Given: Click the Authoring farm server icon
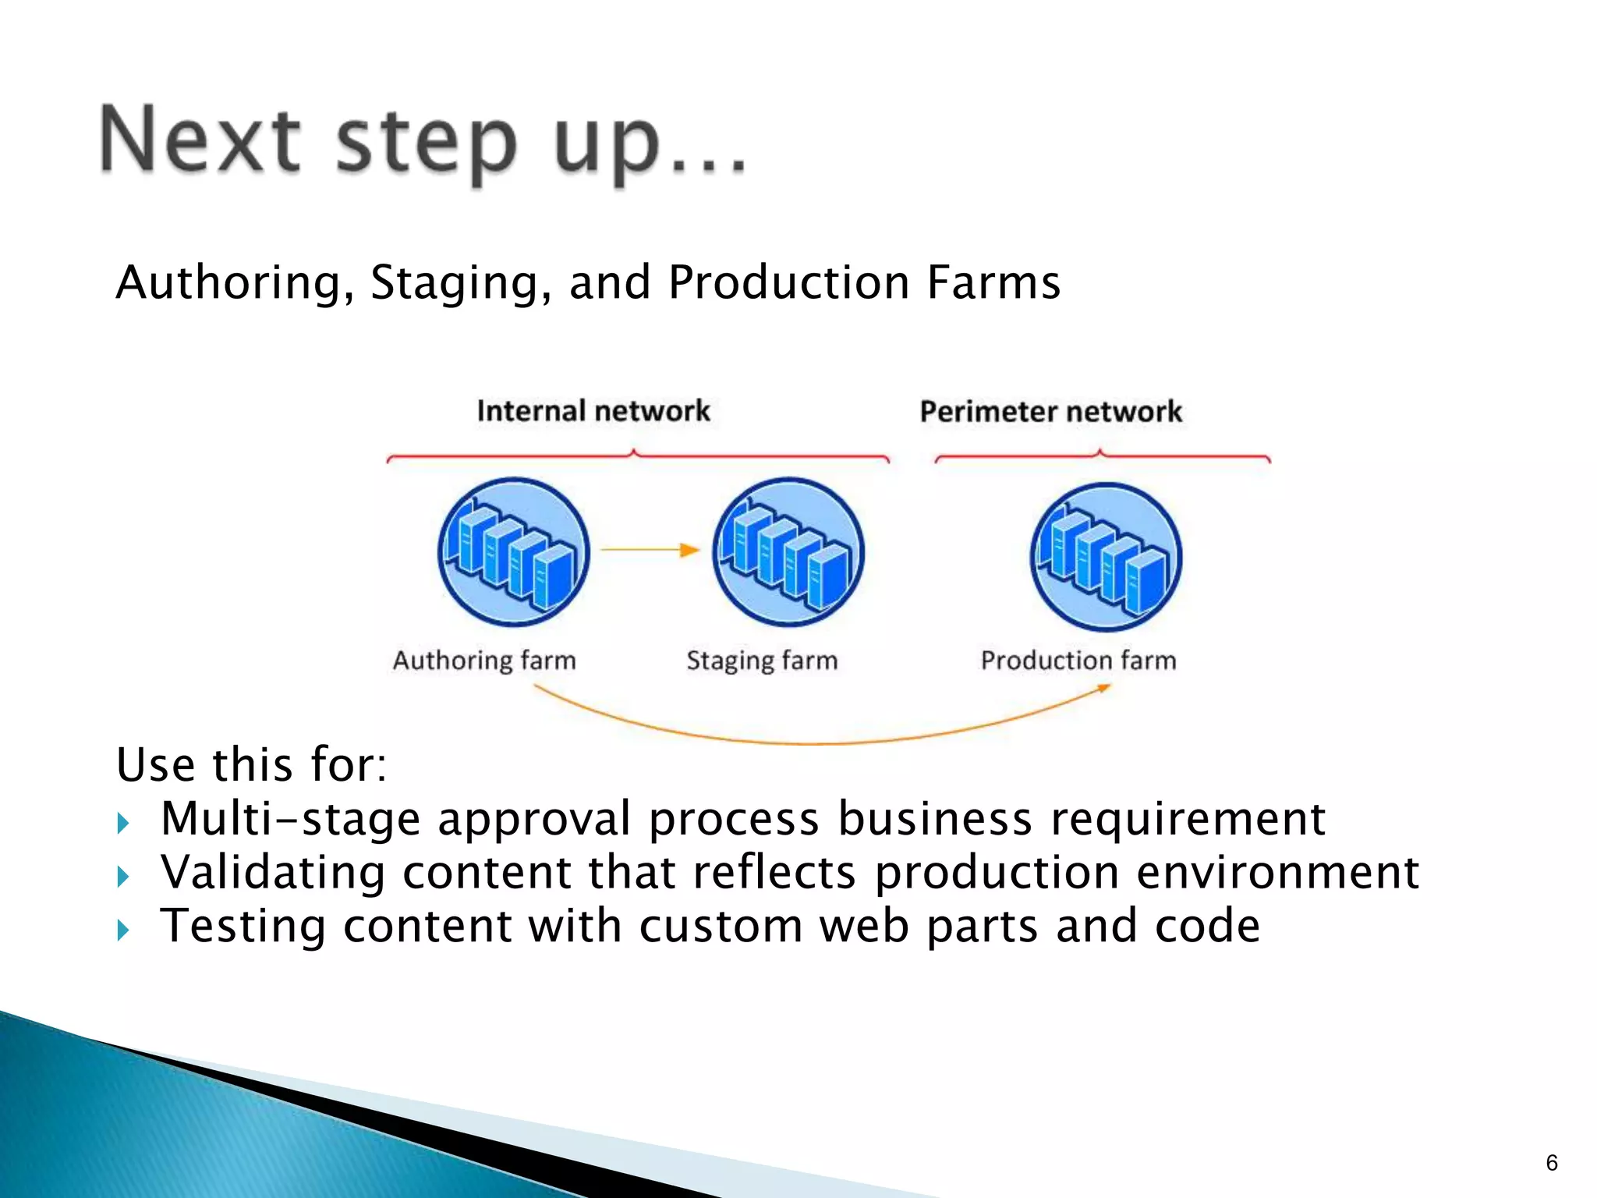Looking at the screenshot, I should (513, 552).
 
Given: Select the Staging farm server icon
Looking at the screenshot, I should (788, 552).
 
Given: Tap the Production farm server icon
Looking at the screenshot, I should (1106, 557).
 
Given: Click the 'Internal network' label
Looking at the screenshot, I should (593, 411).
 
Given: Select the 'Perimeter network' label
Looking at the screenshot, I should (1050, 412).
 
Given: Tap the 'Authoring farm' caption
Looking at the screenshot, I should (484, 661).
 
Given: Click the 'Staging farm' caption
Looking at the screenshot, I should (762, 661).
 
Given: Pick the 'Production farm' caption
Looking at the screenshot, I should (1078, 661).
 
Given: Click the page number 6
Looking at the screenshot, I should (1551, 1163).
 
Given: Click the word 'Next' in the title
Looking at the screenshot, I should (200, 140).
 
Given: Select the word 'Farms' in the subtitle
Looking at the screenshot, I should (993, 282).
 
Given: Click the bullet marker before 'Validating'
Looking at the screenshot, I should (122, 877).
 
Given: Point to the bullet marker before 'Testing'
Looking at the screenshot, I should (122, 930).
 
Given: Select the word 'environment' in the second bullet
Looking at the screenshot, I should (1277, 873).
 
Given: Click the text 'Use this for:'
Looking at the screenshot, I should (251, 764).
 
